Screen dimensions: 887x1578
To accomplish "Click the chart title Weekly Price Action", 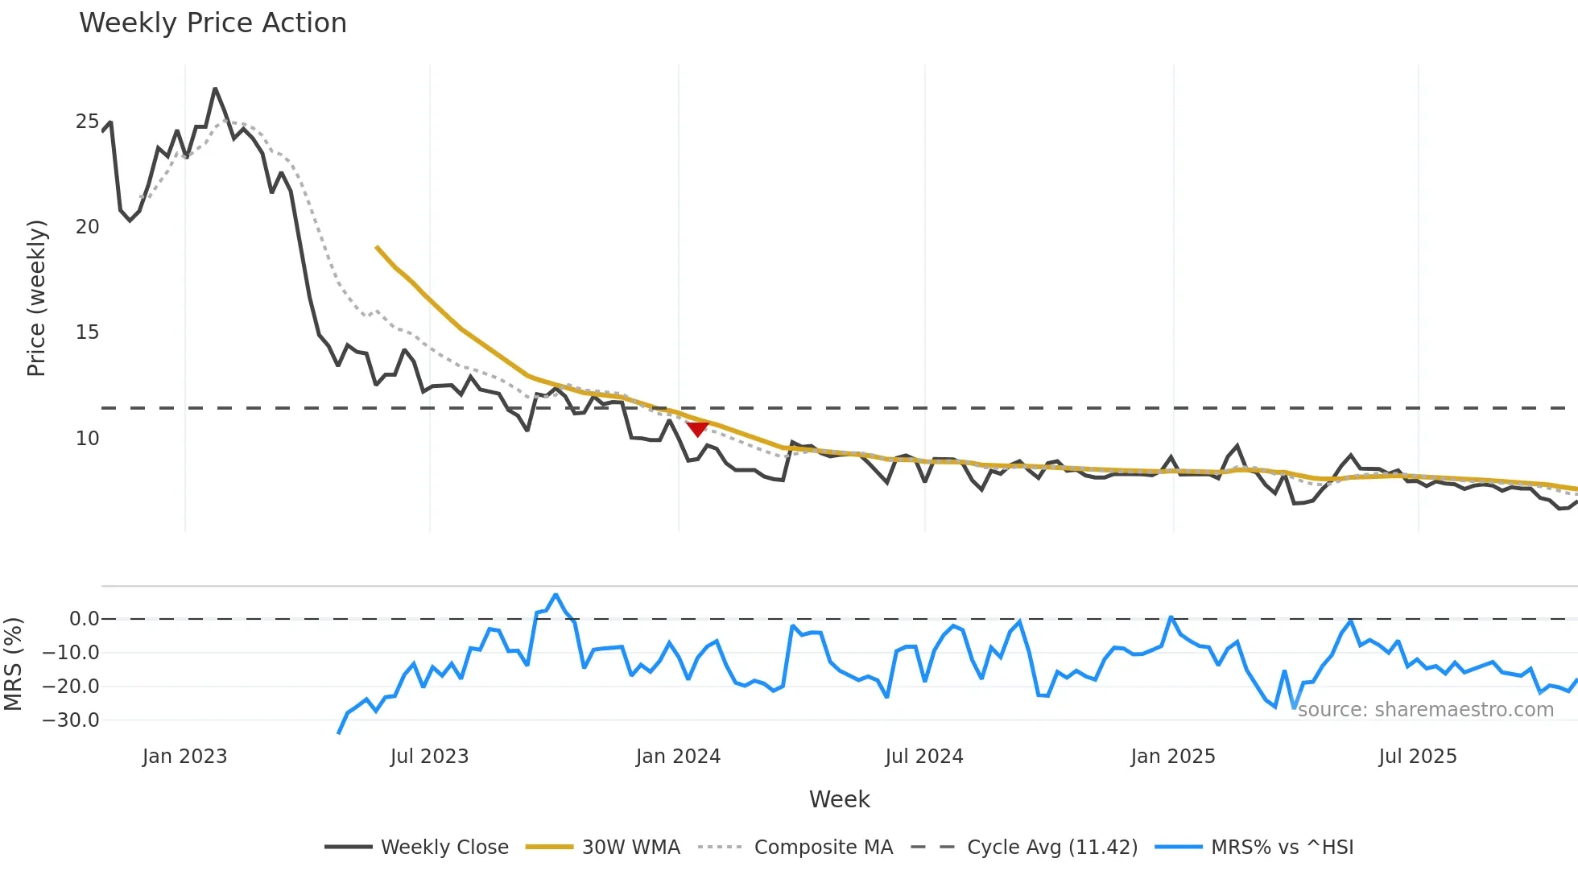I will tap(213, 23).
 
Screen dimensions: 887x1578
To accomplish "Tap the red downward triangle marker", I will tap(697, 429).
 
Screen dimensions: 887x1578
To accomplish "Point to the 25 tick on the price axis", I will tap(87, 122).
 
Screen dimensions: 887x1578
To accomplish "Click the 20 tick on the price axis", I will tap(87, 227).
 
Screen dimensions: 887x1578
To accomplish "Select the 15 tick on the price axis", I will tap(87, 332).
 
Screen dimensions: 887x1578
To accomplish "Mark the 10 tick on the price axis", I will tap(87, 439).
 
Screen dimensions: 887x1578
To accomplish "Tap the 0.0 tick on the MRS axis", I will tap(84, 619).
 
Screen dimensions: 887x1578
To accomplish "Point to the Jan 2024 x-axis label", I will tap(678, 757).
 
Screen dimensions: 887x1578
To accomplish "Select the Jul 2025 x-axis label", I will tap(1418, 757).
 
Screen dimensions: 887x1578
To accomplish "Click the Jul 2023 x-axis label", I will tap(429, 757).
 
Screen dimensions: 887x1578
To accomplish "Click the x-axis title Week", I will tap(839, 799).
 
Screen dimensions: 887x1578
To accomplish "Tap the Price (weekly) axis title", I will tap(36, 298).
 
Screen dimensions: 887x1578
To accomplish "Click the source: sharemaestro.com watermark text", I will tap(1425, 710).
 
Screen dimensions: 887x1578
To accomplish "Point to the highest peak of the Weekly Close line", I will tap(215, 89).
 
